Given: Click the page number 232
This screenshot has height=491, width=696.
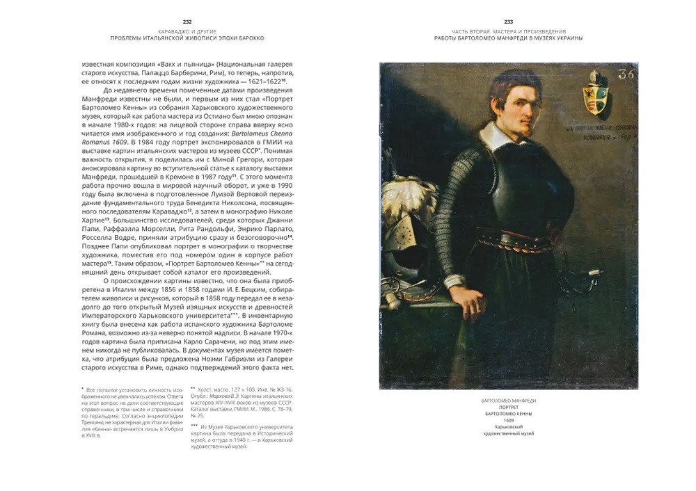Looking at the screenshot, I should pyautogui.click(x=186, y=22).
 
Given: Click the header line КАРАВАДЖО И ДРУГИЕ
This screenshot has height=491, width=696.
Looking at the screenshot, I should pyautogui.click(x=186, y=31).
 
